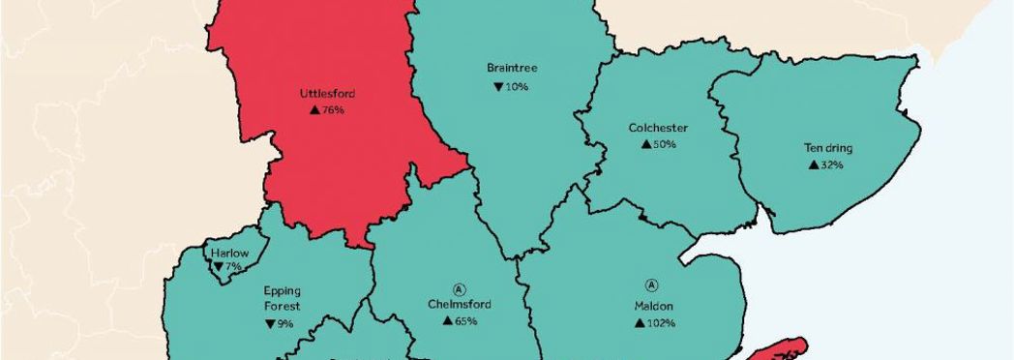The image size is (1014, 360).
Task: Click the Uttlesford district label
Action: [x=327, y=94]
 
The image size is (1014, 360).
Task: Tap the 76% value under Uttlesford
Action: [x=333, y=110]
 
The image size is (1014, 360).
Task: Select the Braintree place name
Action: [x=512, y=69]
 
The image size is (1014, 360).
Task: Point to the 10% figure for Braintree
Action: [x=517, y=87]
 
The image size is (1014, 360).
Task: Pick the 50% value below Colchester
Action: [x=664, y=144]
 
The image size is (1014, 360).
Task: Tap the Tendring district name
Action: [x=827, y=148]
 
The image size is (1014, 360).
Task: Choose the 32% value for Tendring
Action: [x=832, y=165]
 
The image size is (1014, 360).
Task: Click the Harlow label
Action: [x=229, y=254]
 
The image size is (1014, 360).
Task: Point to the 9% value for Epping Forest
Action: [x=283, y=324]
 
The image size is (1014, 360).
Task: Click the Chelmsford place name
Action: [x=459, y=304]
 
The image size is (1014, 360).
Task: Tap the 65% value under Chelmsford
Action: [x=465, y=321]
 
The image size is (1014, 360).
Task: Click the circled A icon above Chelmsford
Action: [x=459, y=288]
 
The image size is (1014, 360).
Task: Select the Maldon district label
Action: [x=654, y=305]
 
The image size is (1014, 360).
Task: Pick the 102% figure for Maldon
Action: [x=660, y=322]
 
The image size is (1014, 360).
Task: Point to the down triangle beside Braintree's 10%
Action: [x=497, y=87]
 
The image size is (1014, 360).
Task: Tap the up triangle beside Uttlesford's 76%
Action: [x=314, y=110]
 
